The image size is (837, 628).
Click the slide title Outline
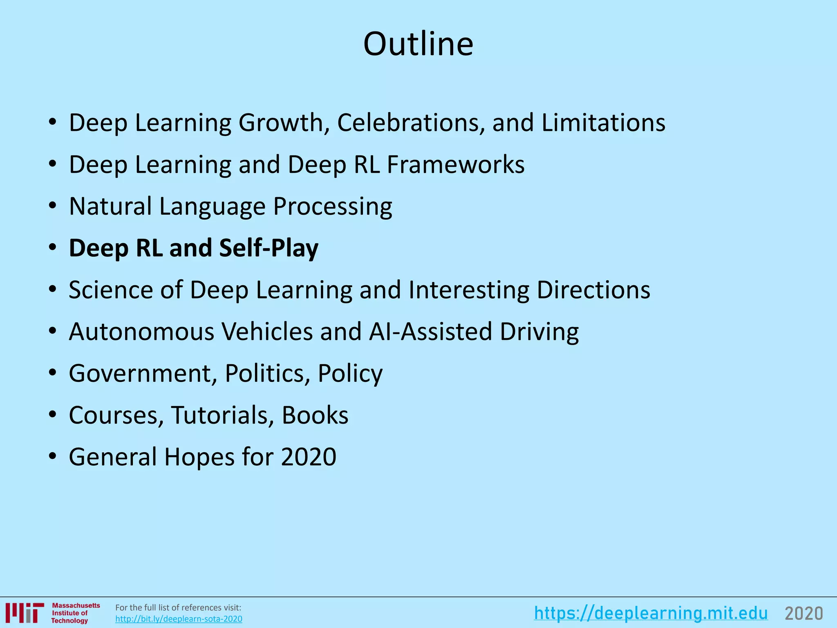point(418,44)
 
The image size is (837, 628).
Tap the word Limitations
point(603,122)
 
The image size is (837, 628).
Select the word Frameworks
point(456,164)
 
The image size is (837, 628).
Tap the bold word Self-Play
point(269,248)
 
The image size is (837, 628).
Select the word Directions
point(593,290)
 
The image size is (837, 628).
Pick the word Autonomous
point(141,332)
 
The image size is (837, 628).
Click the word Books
point(315,415)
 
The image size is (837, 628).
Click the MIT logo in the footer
point(25,613)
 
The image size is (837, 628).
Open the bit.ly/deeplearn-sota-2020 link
point(179,619)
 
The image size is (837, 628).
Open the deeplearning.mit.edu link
point(651,613)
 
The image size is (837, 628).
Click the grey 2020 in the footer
point(803,613)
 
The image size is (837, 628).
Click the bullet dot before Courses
point(52,415)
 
